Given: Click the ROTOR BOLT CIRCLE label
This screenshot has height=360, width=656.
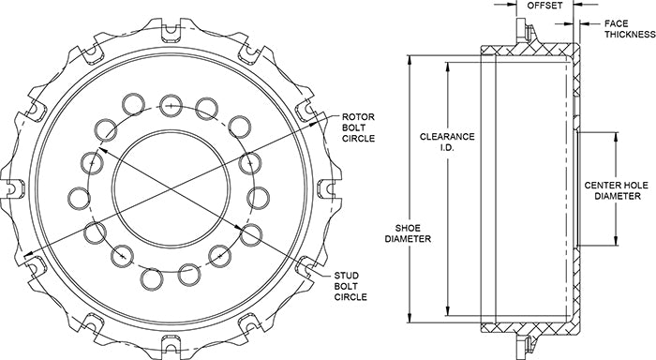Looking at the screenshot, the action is tap(358, 127).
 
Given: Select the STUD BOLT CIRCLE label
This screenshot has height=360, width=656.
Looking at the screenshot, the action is tap(350, 286).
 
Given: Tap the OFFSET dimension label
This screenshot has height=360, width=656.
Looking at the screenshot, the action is tap(544, 6).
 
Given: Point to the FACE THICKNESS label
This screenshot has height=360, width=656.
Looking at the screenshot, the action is tap(629, 29).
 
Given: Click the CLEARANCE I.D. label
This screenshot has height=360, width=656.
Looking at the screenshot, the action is tap(447, 142).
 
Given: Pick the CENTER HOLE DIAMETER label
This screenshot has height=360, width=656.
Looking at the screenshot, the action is tap(617, 190).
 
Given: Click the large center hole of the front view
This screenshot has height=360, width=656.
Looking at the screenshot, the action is tap(171, 187).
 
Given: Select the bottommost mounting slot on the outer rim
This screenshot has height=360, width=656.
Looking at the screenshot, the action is tap(171, 343).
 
